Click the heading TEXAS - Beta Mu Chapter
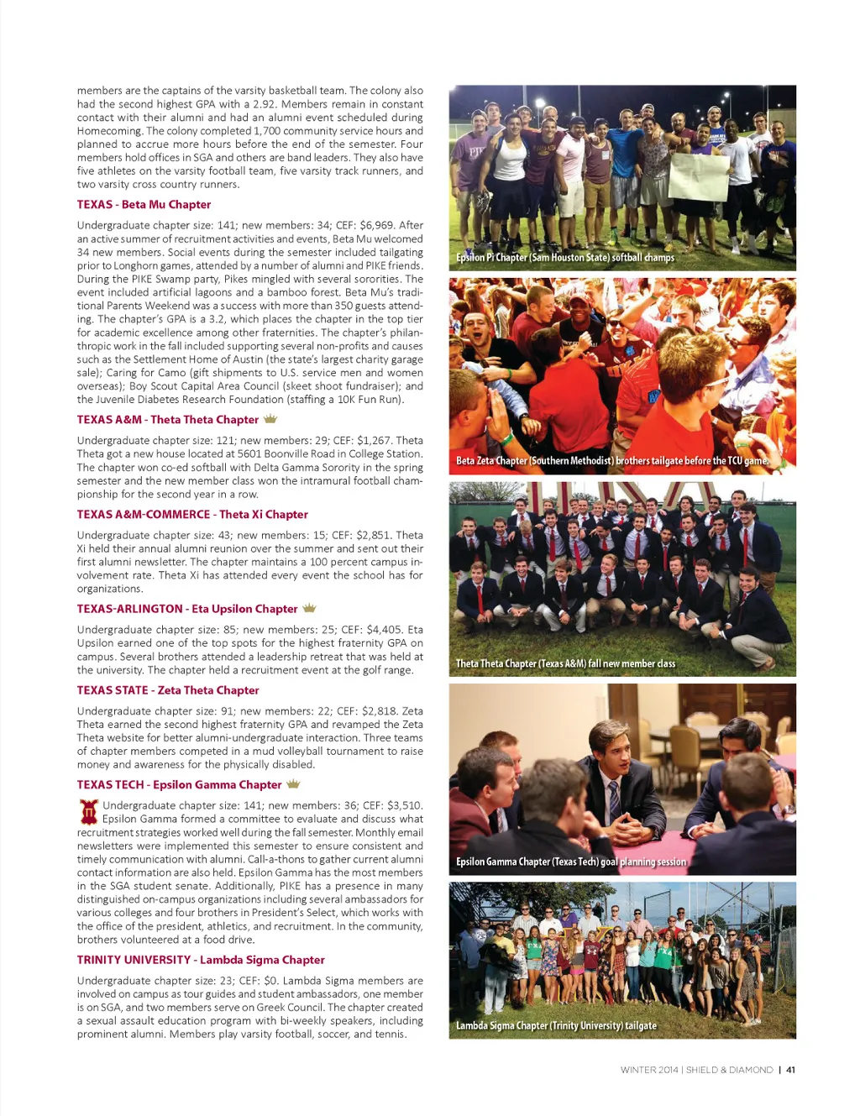coord(144,205)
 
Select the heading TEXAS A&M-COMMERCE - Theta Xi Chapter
coord(192,515)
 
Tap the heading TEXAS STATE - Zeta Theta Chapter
coord(168,690)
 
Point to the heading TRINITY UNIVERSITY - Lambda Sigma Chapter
coord(201,960)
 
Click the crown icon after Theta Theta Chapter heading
coord(270,419)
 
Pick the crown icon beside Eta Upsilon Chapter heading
coord(309,608)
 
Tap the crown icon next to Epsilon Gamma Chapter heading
coord(293,784)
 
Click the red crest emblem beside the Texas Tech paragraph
coord(88,811)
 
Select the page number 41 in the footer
coord(790,1070)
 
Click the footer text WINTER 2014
coord(649,1070)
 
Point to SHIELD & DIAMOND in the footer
coord(729,1070)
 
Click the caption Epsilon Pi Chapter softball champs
coord(565,258)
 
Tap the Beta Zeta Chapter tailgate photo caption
coord(612,461)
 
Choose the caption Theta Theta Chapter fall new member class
coord(565,663)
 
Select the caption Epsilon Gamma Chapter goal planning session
coord(571,862)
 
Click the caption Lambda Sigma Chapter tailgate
coord(556,1025)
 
